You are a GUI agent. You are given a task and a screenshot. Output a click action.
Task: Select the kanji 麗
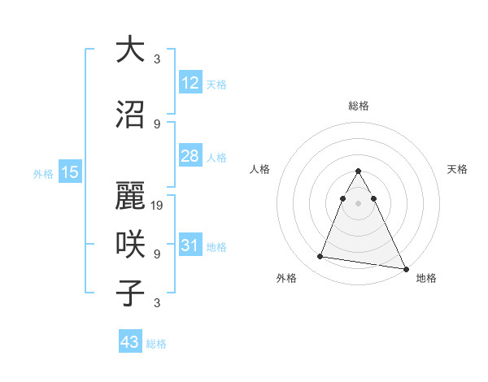coord(131,196)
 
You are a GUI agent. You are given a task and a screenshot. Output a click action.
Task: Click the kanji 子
coord(131,293)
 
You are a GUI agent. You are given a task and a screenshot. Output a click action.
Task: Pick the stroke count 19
coord(158,206)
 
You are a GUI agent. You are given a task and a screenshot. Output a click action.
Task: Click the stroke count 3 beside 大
coord(157,59)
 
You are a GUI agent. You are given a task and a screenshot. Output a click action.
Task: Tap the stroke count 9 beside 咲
coord(157,254)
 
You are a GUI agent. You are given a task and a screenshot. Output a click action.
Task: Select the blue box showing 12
coord(190,82)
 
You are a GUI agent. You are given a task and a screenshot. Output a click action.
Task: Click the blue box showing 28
coord(190,156)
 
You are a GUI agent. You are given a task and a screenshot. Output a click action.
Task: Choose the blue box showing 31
coord(190,245)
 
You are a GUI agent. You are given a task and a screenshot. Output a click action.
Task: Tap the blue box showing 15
coord(69,171)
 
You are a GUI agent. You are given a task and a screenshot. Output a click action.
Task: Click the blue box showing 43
coord(130,342)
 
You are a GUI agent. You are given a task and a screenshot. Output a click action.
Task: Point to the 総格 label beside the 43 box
coord(156,345)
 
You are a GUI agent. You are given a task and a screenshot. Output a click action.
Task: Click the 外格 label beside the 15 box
coord(43,173)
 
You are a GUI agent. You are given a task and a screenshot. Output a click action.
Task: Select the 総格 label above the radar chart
coord(358,106)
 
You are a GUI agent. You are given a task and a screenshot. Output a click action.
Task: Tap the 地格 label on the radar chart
coord(426,278)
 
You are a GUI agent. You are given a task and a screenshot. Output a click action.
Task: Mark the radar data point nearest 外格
coord(320,257)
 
